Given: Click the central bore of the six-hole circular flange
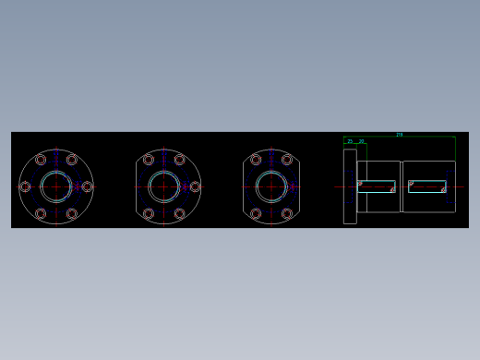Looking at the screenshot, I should click(x=56, y=186).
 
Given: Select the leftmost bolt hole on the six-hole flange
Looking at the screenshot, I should click(x=25, y=186).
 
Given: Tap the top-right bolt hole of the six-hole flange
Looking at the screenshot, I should click(x=72, y=160).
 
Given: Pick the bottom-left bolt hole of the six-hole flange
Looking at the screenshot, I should click(x=41, y=213).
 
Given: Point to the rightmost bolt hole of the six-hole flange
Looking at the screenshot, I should click(x=88, y=186).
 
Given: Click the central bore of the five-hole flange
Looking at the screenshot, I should click(x=164, y=186).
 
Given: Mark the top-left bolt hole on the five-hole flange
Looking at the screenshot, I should click(x=149, y=160).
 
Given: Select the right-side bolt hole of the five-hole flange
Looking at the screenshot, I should click(x=195, y=186).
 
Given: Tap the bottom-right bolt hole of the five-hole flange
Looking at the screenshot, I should click(x=180, y=213).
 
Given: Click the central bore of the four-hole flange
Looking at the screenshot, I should click(x=271, y=186).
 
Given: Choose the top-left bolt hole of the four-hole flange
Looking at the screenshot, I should click(x=256, y=160).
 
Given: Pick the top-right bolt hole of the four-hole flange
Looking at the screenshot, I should click(x=287, y=160).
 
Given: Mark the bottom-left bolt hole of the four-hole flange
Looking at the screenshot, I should click(x=256, y=213).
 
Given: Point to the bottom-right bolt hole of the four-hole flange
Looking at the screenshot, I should click(x=287, y=213).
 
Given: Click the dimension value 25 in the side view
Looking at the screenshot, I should click(x=350, y=141).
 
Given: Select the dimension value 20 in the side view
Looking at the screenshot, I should click(x=361, y=141).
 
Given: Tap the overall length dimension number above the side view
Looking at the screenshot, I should click(x=399, y=135).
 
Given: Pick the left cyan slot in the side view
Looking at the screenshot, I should click(x=377, y=186).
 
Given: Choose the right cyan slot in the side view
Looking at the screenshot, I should click(x=427, y=186).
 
